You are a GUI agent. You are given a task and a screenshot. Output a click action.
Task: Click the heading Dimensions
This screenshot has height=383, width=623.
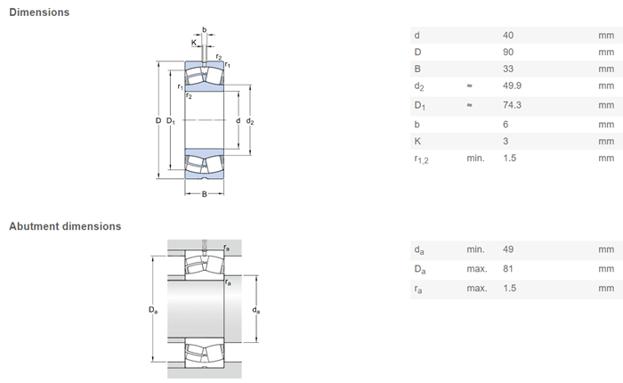pyautogui.click(x=39, y=12)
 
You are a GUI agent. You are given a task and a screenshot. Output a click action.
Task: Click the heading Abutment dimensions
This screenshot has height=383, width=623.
pyautogui.click(x=65, y=226)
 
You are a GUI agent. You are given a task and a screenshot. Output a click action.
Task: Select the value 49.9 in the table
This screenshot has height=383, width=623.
pyautogui.click(x=512, y=86)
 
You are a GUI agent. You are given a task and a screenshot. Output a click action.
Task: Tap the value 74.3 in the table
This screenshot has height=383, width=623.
pyautogui.click(x=512, y=105)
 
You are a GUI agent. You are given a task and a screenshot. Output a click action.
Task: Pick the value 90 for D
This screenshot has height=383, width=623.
pyautogui.click(x=508, y=52)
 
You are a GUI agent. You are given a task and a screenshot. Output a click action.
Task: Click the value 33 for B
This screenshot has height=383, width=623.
pyautogui.click(x=508, y=69)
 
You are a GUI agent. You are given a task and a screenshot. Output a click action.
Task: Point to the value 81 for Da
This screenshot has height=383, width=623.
pyautogui.click(x=508, y=269)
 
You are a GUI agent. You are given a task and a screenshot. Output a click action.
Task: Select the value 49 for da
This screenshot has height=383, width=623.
pyautogui.click(x=508, y=249)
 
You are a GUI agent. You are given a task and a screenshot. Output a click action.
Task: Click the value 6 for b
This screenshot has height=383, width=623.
pyautogui.click(x=506, y=125)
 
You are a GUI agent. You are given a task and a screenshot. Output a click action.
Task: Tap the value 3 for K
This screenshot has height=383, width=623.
pyautogui.click(x=506, y=142)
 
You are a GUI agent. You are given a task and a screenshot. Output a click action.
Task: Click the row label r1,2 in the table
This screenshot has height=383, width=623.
pyautogui.click(x=421, y=159)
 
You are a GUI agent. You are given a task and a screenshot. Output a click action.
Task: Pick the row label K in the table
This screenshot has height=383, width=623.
pyautogui.click(x=417, y=142)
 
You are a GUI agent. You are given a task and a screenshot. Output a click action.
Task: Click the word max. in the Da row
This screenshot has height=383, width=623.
pyautogui.click(x=477, y=269)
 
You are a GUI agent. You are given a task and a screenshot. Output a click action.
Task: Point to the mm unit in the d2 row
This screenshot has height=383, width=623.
pyautogui.click(x=606, y=86)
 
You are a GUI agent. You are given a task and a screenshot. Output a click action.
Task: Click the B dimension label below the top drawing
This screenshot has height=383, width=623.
pyautogui.click(x=204, y=194)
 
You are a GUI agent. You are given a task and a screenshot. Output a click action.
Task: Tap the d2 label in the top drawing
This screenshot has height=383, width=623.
pyautogui.click(x=250, y=121)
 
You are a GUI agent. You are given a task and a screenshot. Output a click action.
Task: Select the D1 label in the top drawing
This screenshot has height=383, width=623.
pyautogui.click(x=171, y=121)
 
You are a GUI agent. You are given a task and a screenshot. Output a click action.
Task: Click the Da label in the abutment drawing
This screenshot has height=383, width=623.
pyautogui.click(x=153, y=310)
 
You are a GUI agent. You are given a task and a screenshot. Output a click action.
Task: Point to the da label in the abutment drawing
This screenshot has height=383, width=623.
pyautogui.click(x=256, y=310)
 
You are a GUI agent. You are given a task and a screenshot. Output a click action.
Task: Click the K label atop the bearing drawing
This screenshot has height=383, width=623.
pyautogui.click(x=194, y=43)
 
